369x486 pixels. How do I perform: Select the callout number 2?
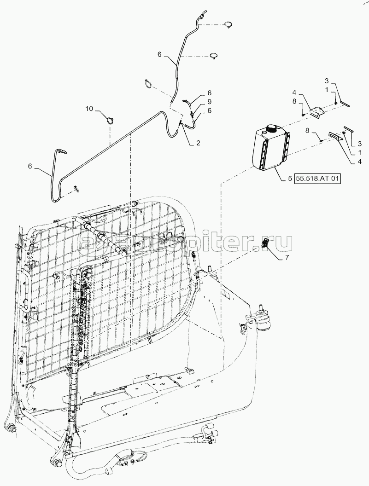click(198, 143)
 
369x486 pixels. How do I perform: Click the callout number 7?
click(287, 257)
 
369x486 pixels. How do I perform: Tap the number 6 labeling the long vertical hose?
click(159, 54)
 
